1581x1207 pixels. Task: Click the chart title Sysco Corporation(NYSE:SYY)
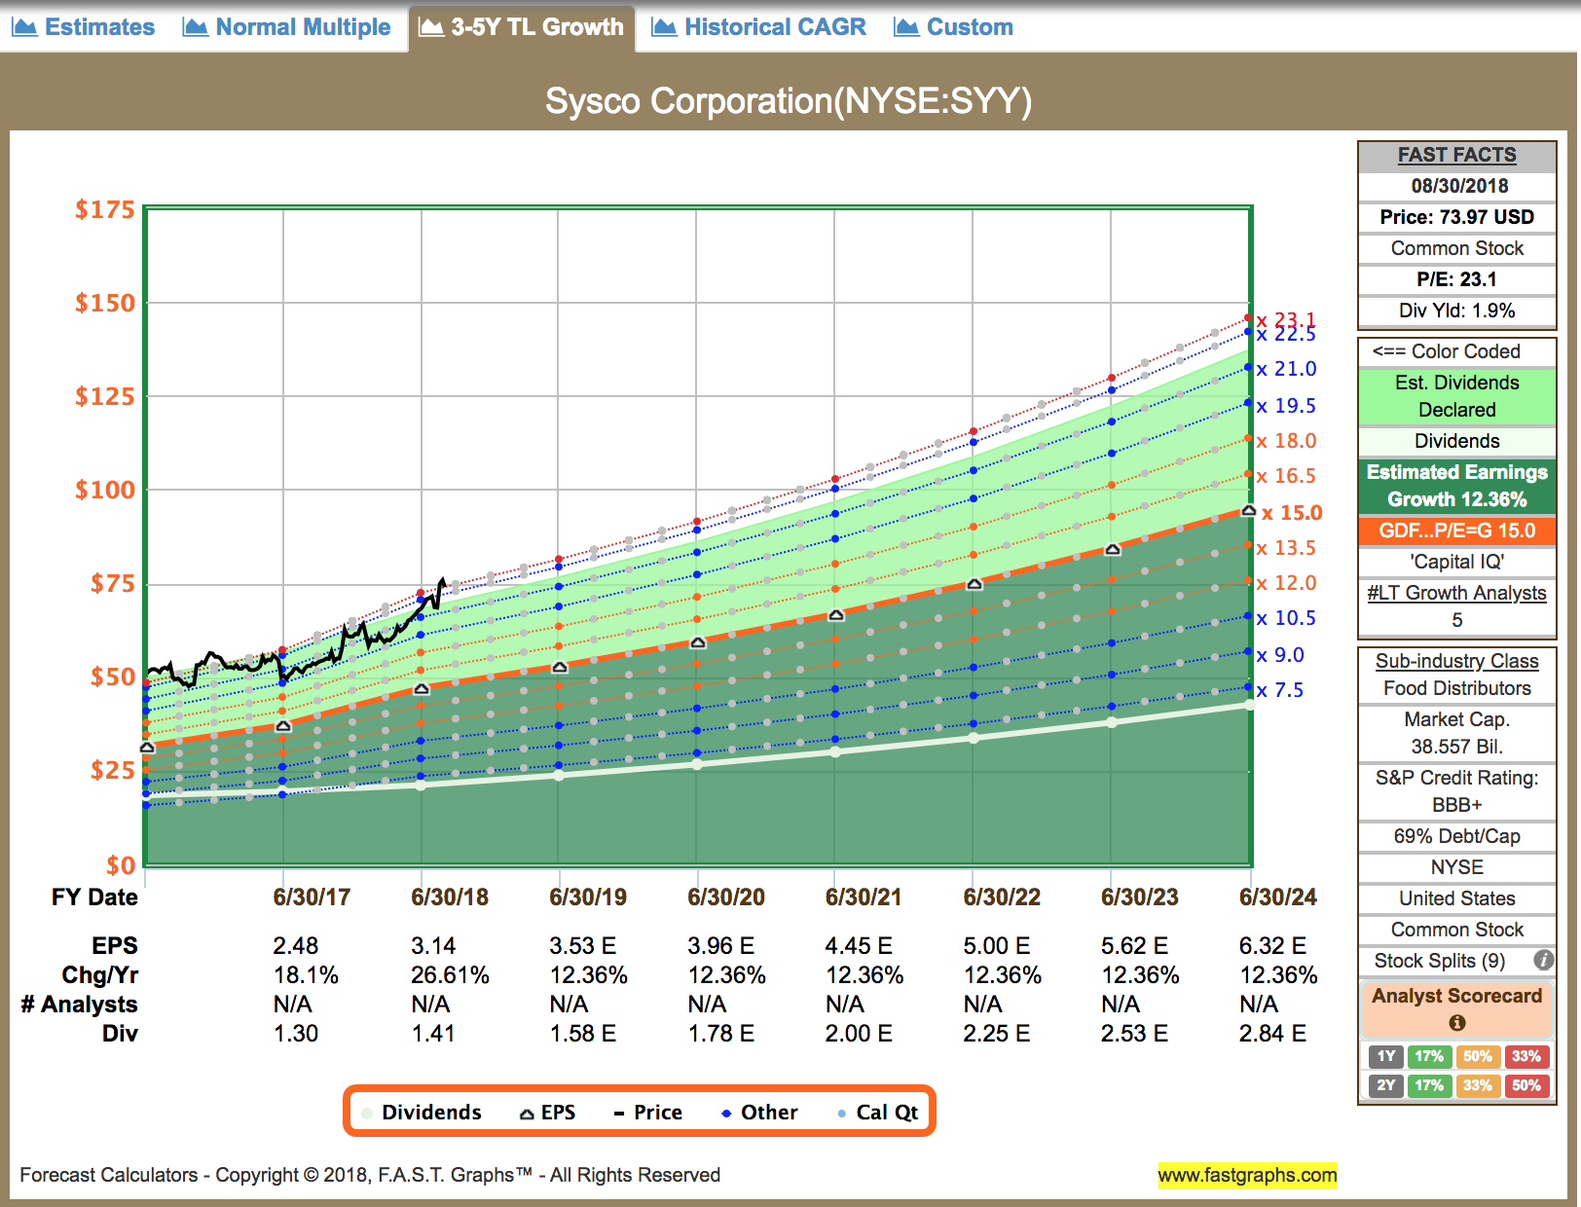pos(788,101)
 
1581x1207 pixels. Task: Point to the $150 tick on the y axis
pos(105,303)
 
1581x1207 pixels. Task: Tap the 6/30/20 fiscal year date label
pos(726,896)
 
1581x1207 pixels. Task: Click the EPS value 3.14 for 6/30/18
pos(433,945)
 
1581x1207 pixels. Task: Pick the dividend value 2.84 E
pos(1272,1033)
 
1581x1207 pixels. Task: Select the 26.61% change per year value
pos(450,974)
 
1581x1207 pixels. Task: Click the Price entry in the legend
pos(648,1113)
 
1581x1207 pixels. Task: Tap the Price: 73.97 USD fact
pos(1456,217)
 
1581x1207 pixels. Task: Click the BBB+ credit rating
pos(1456,805)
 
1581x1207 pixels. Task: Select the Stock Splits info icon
pos(1543,961)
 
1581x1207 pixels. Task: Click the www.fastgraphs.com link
pos(1247,1175)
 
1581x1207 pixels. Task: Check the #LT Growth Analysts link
pos(1456,593)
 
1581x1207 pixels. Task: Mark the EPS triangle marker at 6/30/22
pos(974,584)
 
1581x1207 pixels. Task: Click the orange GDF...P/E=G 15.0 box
pos(1456,530)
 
